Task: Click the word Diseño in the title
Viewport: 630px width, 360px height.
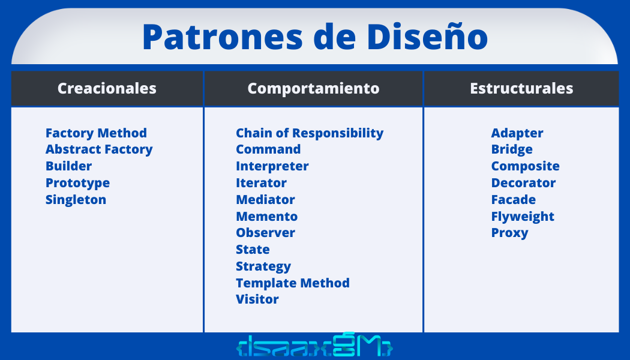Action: point(427,37)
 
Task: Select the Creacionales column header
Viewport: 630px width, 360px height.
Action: point(107,89)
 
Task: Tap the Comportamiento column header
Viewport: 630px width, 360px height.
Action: point(313,89)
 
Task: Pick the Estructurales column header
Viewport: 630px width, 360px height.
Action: point(521,89)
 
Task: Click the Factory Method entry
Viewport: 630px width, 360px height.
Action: point(96,133)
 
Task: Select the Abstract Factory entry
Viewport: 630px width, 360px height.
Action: point(99,149)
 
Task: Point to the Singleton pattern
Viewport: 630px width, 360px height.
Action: point(76,200)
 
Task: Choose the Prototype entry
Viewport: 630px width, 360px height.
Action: point(77,183)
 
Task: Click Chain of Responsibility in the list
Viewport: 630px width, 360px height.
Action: point(309,133)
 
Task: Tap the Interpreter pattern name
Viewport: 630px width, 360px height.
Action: point(272,166)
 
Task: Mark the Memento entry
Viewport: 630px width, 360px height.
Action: point(266,217)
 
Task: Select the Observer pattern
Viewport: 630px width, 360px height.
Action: point(265,233)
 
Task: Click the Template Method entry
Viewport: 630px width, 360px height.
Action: point(292,283)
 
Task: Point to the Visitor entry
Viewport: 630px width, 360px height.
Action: point(257,299)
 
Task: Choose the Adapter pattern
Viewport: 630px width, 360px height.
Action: point(517,133)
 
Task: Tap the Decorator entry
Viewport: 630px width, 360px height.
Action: point(523,183)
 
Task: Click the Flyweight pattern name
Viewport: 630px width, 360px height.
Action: point(523,217)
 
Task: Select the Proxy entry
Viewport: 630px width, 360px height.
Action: point(509,233)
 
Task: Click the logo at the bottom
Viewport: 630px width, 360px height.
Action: point(314,347)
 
